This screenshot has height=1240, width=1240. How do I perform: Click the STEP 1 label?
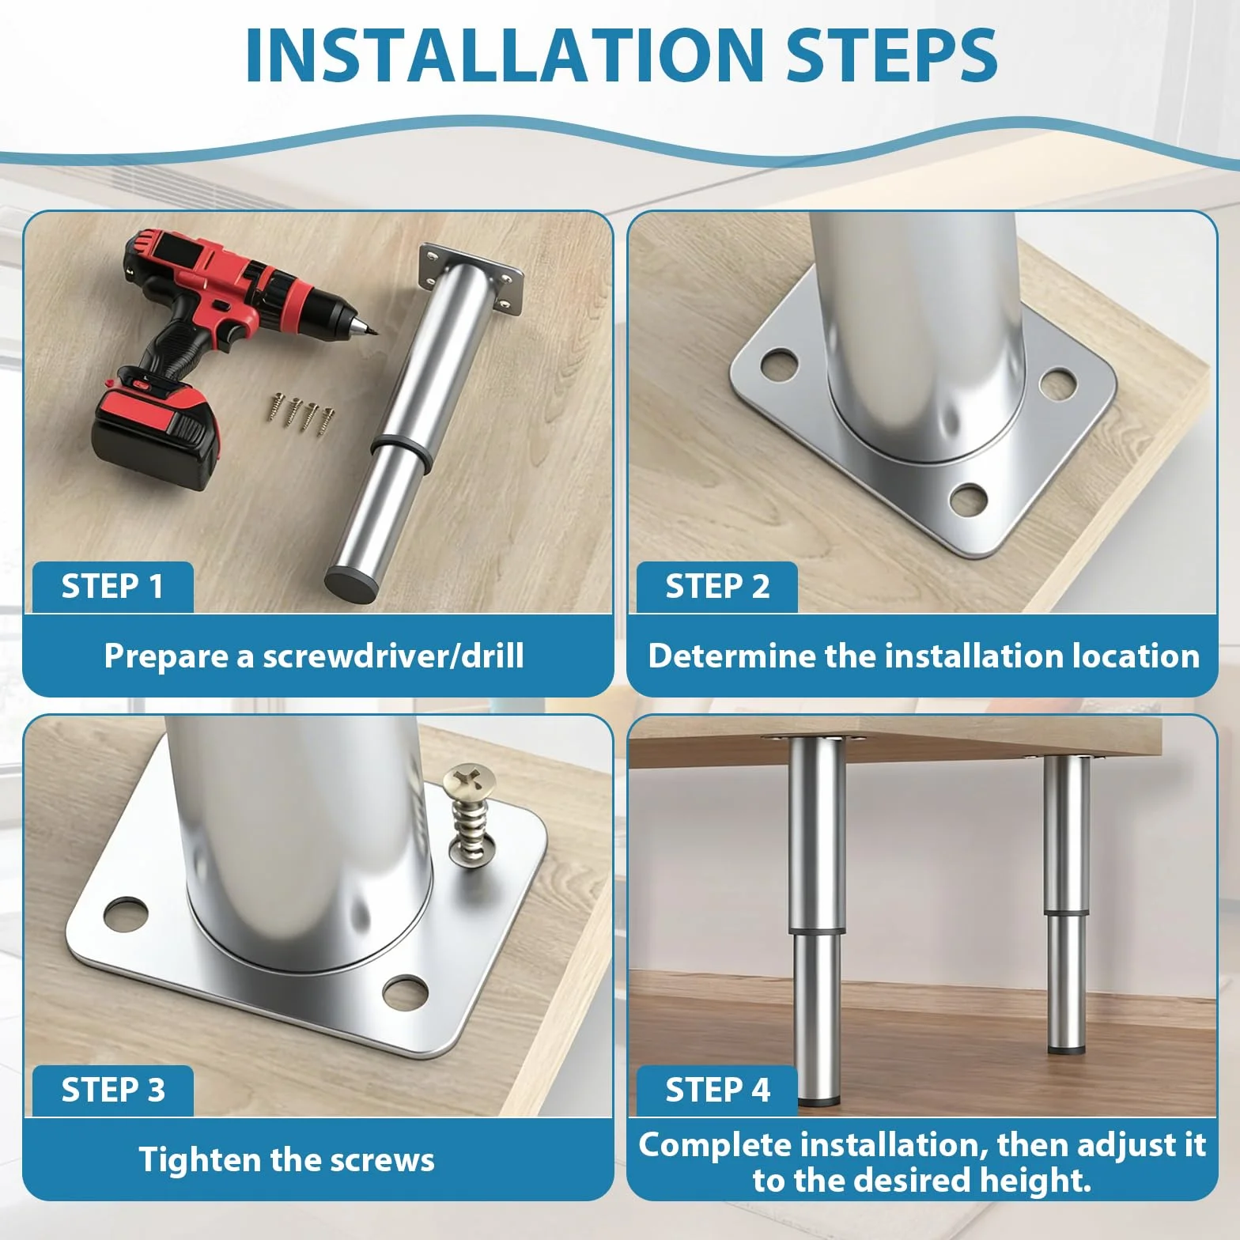tap(112, 587)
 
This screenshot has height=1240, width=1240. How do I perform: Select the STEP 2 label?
tap(717, 587)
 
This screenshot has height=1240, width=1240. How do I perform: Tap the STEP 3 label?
tap(113, 1090)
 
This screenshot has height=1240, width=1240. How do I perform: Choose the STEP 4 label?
tap(717, 1090)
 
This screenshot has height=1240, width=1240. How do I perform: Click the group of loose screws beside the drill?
tap(302, 412)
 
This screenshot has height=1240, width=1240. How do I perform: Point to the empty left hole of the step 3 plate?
tap(126, 913)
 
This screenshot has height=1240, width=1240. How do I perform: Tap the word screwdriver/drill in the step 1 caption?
tap(393, 656)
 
